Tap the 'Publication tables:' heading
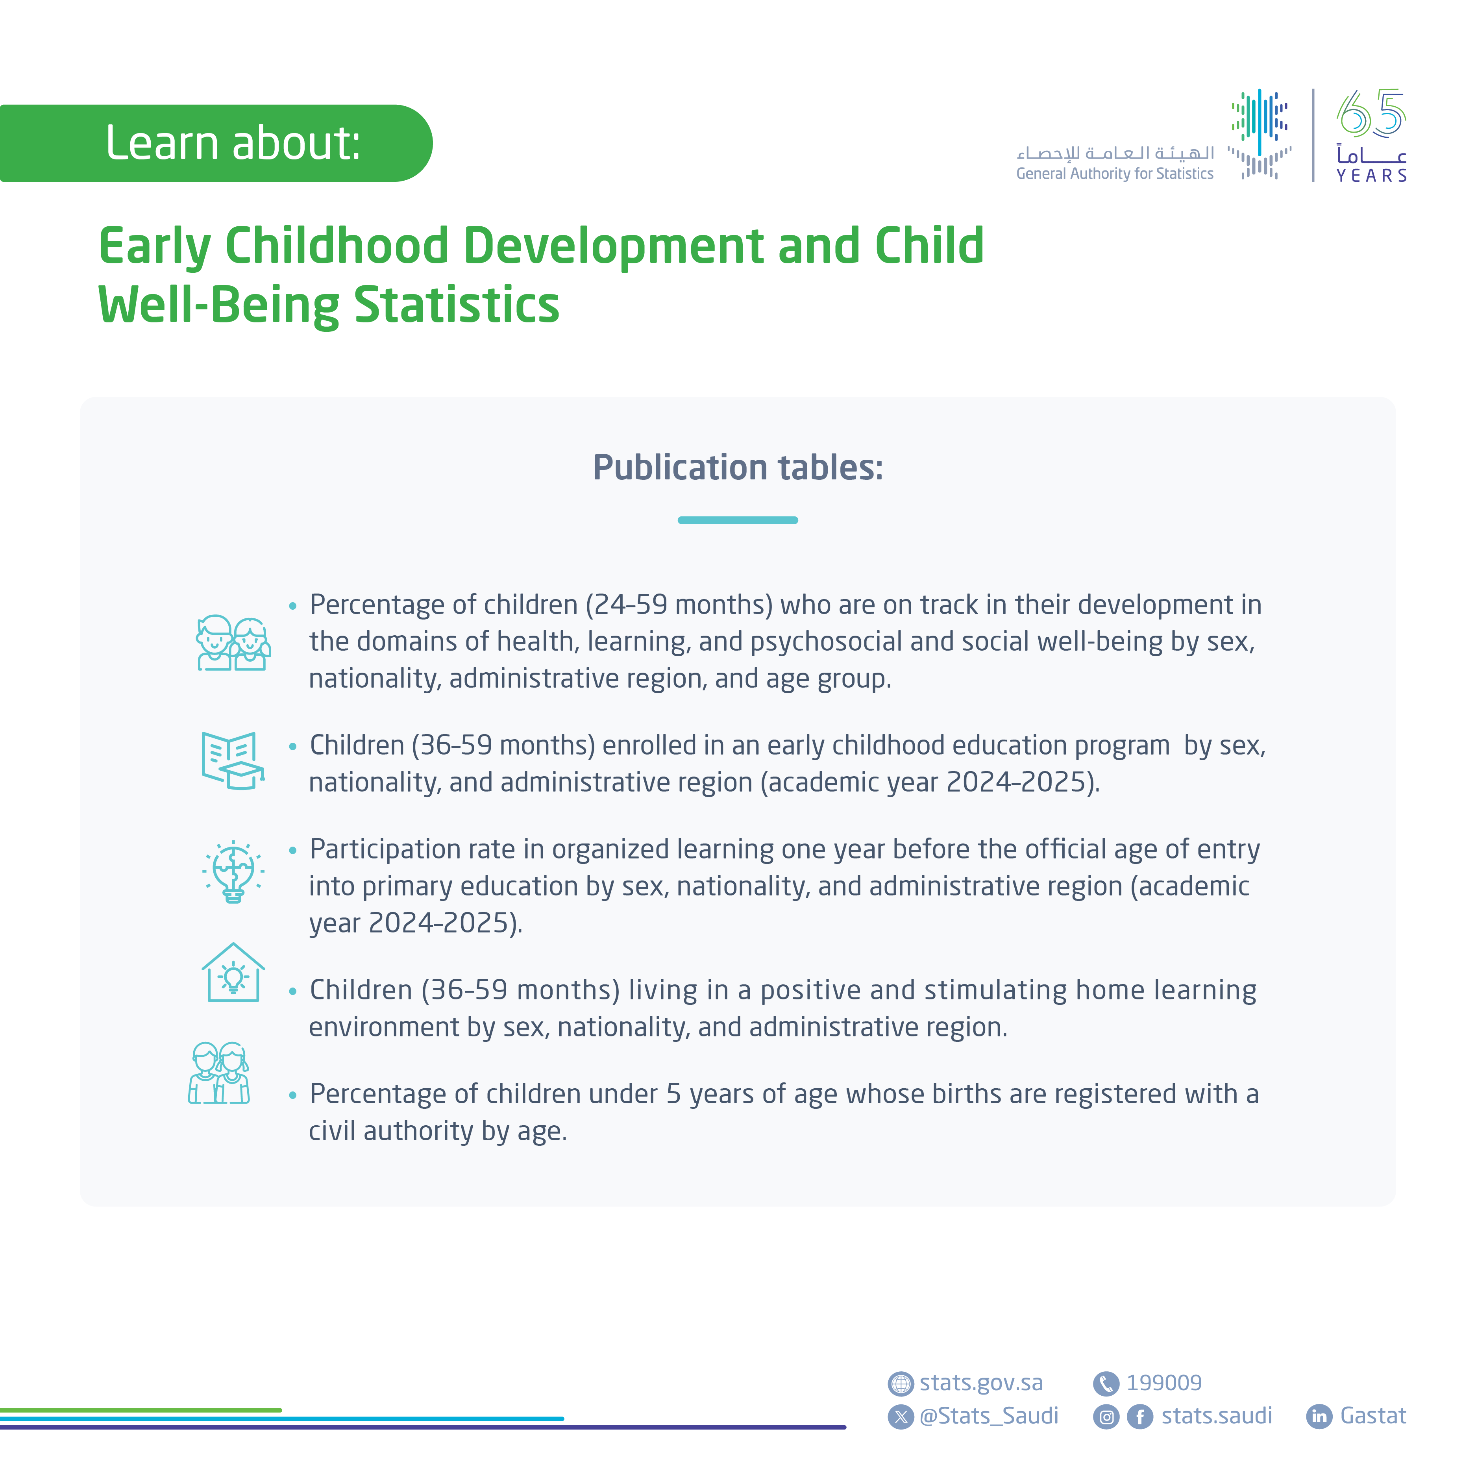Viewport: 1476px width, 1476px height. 737,468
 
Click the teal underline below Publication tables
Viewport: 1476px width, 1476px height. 737,520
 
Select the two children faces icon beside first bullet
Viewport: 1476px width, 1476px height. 233,643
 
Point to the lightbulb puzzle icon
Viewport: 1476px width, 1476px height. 233,872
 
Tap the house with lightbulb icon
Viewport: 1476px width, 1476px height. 233,973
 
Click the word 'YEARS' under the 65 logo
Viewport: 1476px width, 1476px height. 1371,176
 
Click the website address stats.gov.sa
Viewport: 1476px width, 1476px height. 981,1383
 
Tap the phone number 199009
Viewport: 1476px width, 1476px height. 1163,1383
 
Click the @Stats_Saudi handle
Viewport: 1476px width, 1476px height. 989,1416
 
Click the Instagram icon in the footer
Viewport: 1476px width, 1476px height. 1106,1417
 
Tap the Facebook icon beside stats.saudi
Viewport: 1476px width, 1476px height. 1139,1417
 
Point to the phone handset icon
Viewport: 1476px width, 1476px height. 1106,1384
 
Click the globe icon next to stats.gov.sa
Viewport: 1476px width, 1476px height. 901,1384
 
